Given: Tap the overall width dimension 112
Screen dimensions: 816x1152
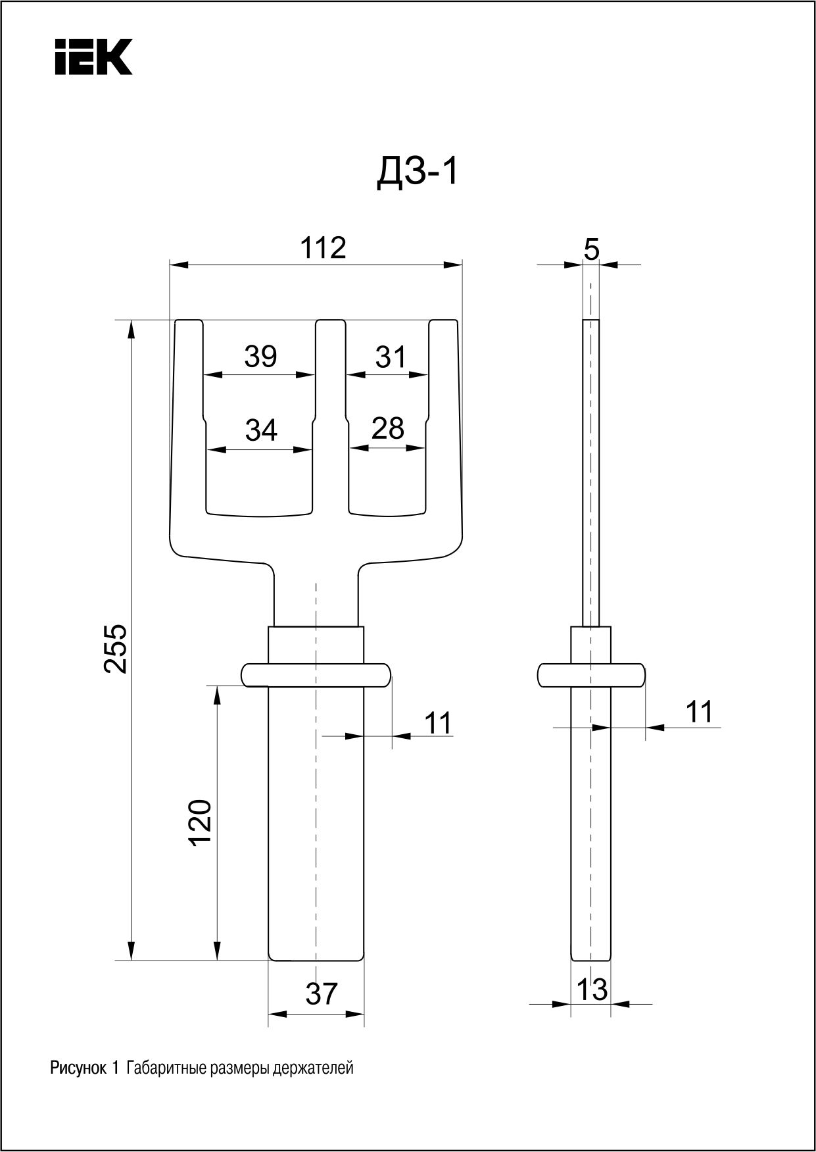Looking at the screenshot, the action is pos(323,248).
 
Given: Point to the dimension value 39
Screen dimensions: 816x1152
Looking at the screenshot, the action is pos(260,356).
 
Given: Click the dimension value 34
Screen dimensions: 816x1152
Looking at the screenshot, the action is pos(261,430).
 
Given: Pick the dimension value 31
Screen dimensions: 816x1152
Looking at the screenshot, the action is pos(391,357).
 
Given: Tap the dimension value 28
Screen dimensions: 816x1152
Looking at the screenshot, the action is pos(387,428).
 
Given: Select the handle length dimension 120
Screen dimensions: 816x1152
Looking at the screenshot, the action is pos(200,822).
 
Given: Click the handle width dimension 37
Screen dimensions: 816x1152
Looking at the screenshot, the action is pos(322,994).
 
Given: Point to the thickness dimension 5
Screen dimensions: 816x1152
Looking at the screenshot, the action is pos(592,250).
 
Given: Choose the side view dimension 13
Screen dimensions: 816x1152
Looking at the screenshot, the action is pos(592,989).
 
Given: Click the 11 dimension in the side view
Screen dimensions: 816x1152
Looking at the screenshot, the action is pos(699,712).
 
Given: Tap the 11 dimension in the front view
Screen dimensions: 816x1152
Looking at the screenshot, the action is pos(438,722).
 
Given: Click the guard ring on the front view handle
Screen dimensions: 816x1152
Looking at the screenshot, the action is pos(316,676).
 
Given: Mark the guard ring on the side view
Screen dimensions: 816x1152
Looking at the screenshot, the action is pos(591,676).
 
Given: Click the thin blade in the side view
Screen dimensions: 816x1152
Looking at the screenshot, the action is pos(591,473).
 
